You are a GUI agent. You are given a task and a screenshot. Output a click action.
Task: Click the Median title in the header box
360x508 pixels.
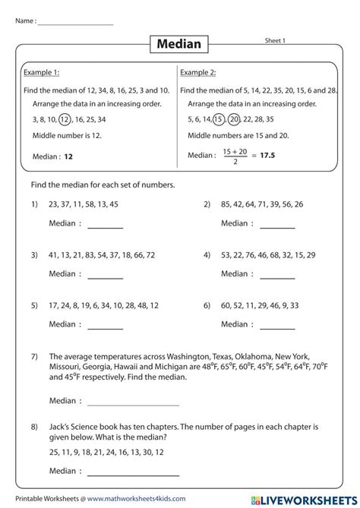click(x=179, y=44)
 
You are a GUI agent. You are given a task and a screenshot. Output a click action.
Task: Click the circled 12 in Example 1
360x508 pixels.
click(x=65, y=119)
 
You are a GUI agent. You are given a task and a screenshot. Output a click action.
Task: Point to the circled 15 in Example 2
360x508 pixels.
click(x=218, y=119)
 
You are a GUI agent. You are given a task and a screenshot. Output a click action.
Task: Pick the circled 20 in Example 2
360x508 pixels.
click(x=235, y=119)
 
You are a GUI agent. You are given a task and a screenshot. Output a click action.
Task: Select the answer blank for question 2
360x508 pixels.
click(x=277, y=226)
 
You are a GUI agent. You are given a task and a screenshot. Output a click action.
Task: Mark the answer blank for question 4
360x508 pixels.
click(x=277, y=276)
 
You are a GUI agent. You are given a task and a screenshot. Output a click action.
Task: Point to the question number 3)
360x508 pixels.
click(x=35, y=255)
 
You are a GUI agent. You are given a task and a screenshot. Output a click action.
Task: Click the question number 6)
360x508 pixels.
click(x=207, y=305)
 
